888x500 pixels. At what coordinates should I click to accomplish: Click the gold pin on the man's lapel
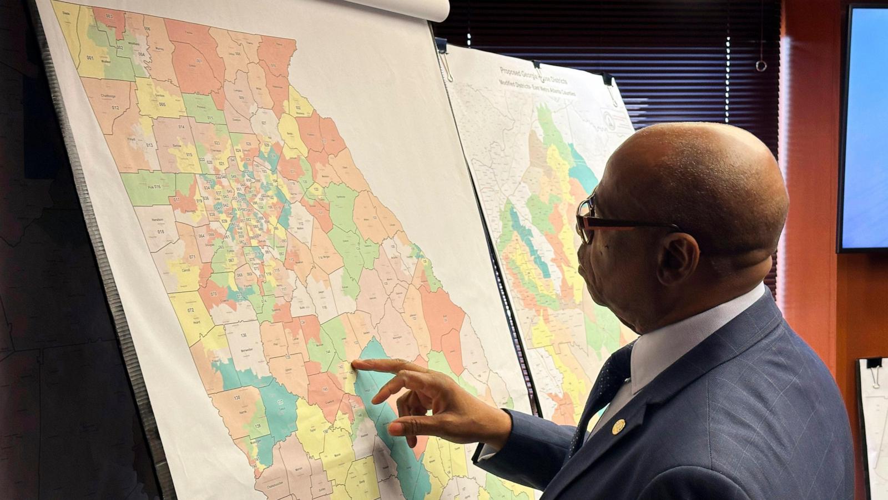[618, 426]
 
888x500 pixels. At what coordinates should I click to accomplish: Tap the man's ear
[677, 261]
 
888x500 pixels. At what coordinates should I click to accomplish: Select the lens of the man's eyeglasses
[584, 218]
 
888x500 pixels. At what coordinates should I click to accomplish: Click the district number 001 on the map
[89, 58]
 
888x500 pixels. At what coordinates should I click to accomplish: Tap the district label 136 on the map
[243, 336]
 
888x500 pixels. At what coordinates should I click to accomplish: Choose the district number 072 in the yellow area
[190, 309]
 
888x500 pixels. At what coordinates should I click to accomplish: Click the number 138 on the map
[237, 397]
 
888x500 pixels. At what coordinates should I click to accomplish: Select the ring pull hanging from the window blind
[760, 66]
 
